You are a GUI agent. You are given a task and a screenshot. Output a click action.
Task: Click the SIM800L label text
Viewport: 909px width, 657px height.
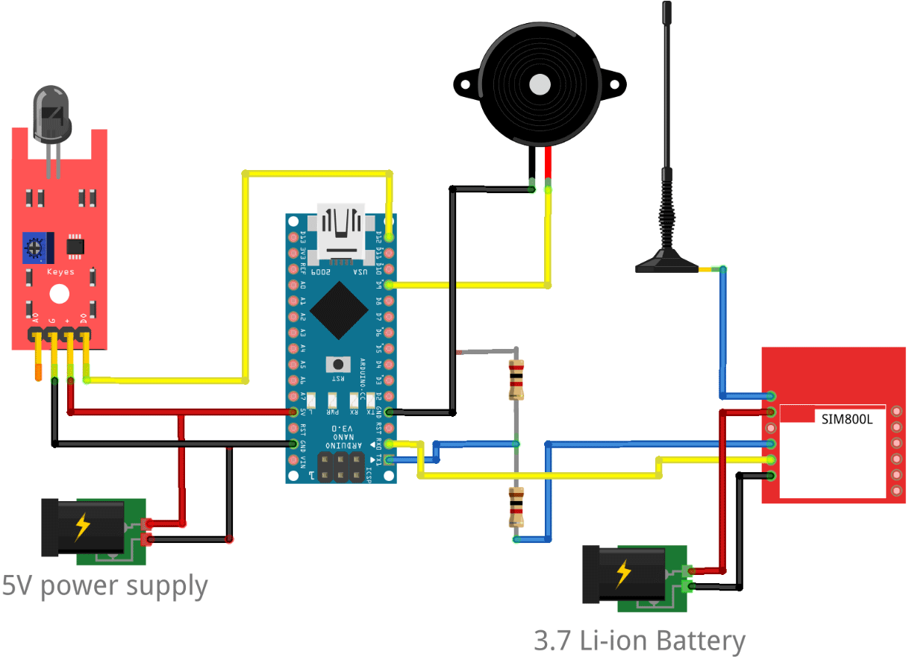[x=847, y=419]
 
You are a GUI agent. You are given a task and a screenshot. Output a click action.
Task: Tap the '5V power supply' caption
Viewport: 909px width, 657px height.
[x=104, y=586]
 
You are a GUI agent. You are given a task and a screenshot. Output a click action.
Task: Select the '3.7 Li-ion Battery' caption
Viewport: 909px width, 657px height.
[x=640, y=641]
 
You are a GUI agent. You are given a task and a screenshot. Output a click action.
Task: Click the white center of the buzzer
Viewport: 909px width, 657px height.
[x=540, y=84]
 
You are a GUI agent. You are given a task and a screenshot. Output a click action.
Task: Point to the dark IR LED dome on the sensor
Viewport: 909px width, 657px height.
[x=51, y=112]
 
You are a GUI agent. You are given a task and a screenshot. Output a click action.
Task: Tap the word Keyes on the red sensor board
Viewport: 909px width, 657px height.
[x=60, y=272]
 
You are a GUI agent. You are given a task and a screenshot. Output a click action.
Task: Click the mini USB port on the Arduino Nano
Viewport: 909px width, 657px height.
[x=340, y=231]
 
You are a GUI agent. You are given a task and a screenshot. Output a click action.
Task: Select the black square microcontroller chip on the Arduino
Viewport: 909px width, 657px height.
[x=340, y=310]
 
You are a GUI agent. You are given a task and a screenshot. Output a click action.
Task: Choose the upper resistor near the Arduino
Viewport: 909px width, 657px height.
[x=515, y=379]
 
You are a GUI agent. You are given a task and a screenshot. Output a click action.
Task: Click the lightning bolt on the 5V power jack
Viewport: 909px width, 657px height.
[x=82, y=527]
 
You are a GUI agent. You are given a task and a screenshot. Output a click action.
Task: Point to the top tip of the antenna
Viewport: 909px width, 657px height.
[x=666, y=7]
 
